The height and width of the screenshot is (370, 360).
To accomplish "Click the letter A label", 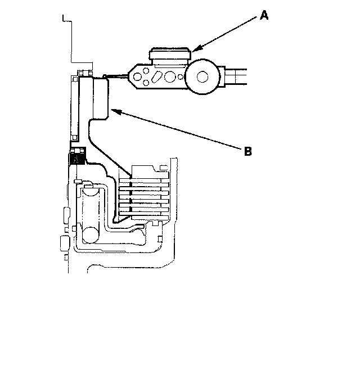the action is coord(264,16).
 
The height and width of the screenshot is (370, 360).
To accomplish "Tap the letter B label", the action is coord(247,151).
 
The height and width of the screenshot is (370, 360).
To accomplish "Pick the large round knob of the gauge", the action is coord(201,76).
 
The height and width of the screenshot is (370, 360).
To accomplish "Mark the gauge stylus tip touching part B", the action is coord(105,78).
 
